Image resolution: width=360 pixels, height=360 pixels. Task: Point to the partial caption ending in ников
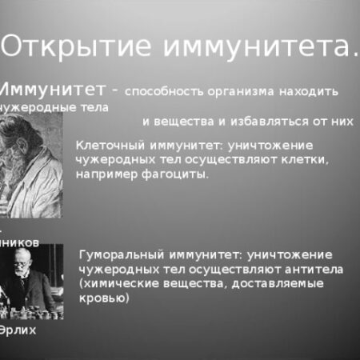pyautogui.click(x=19, y=239)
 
